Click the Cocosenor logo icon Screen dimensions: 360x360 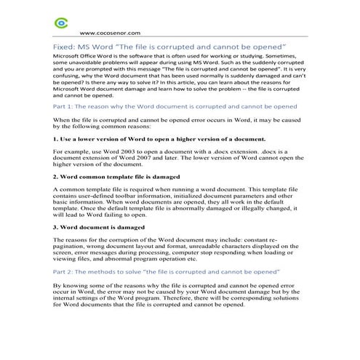61,23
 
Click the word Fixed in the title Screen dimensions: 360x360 65,47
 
